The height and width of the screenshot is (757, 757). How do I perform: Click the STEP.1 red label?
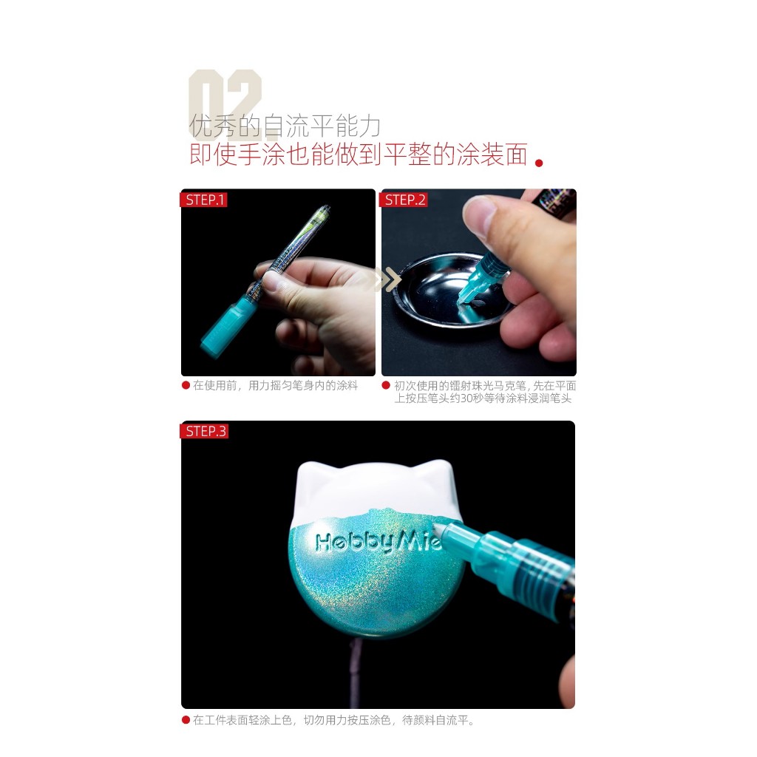click(x=203, y=200)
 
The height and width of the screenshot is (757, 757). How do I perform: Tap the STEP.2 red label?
click(x=404, y=200)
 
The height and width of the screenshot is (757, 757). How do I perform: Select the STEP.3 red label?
click(x=204, y=431)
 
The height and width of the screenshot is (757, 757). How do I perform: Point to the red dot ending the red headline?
click(x=539, y=163)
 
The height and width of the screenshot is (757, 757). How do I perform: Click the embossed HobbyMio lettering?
click(x=378, y=542)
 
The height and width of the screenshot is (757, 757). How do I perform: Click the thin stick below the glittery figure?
click(x=357, y=671)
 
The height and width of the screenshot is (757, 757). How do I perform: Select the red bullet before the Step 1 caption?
click(x=186, y=384)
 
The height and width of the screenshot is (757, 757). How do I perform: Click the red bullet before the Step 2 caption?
click(x=386, y=384)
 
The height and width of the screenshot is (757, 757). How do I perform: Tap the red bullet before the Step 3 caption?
click(x=186, y=720)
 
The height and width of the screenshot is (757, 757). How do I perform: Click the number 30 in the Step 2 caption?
click(x=466, y=398)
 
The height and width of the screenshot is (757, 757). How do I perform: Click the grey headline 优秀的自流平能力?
click(x=285, y=126)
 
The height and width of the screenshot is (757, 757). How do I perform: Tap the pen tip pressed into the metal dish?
click(x=462, y=302)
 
